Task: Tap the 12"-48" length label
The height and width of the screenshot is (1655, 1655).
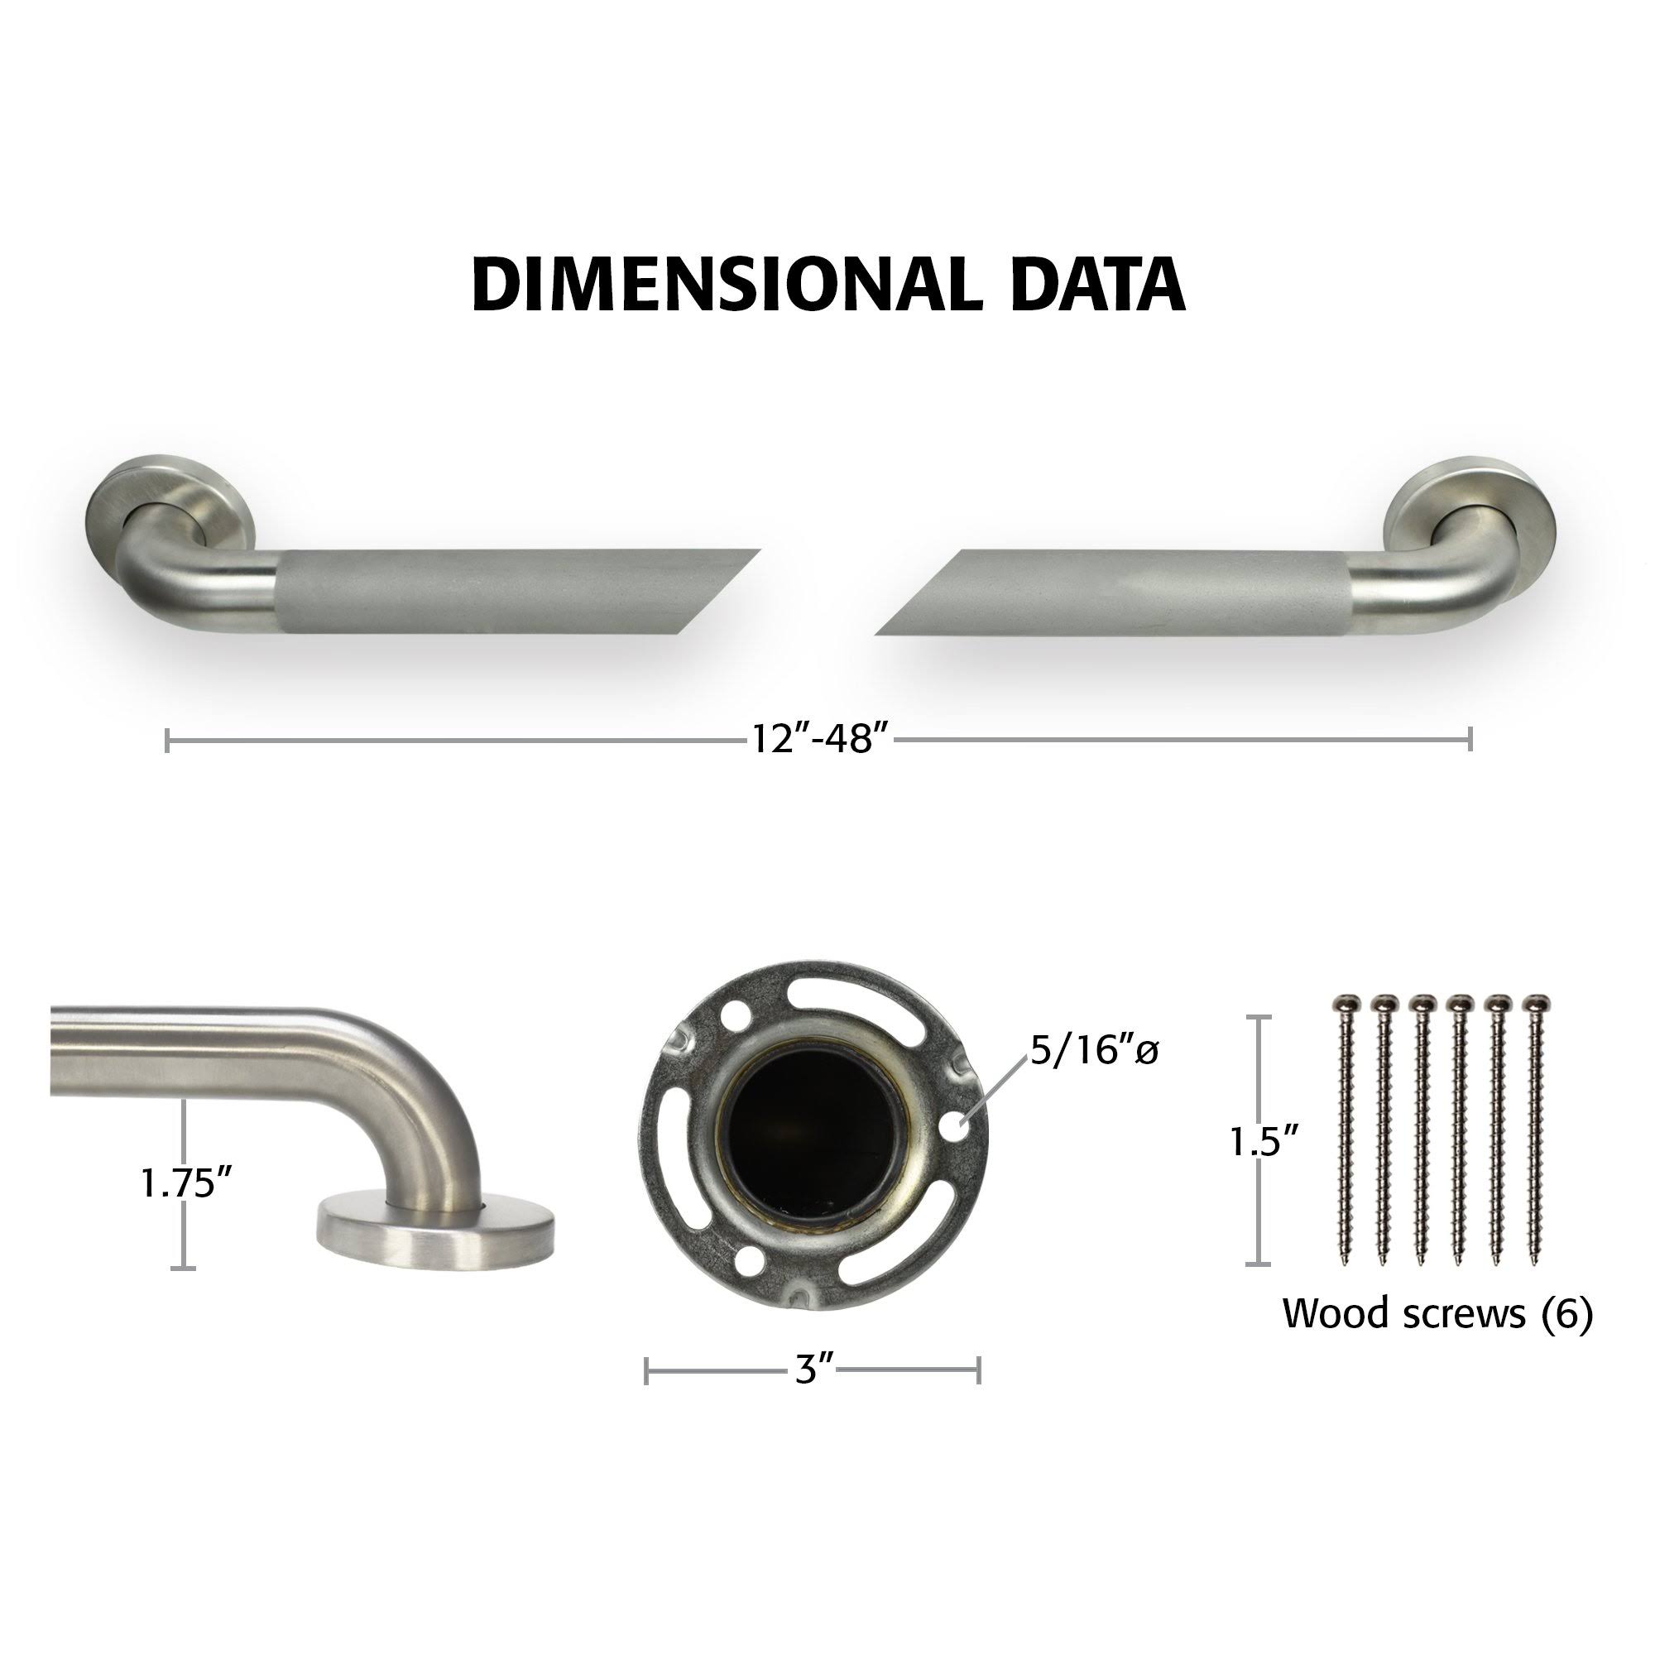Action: click(818, 737)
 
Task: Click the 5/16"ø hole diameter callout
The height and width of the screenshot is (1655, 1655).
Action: click(1094, 1051)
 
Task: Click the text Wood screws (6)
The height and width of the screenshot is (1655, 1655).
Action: click(1437, 1313)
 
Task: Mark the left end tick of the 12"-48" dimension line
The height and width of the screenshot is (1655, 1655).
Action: click(167, 738)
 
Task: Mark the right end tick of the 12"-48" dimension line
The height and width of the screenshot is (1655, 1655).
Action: click(1470, 738)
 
